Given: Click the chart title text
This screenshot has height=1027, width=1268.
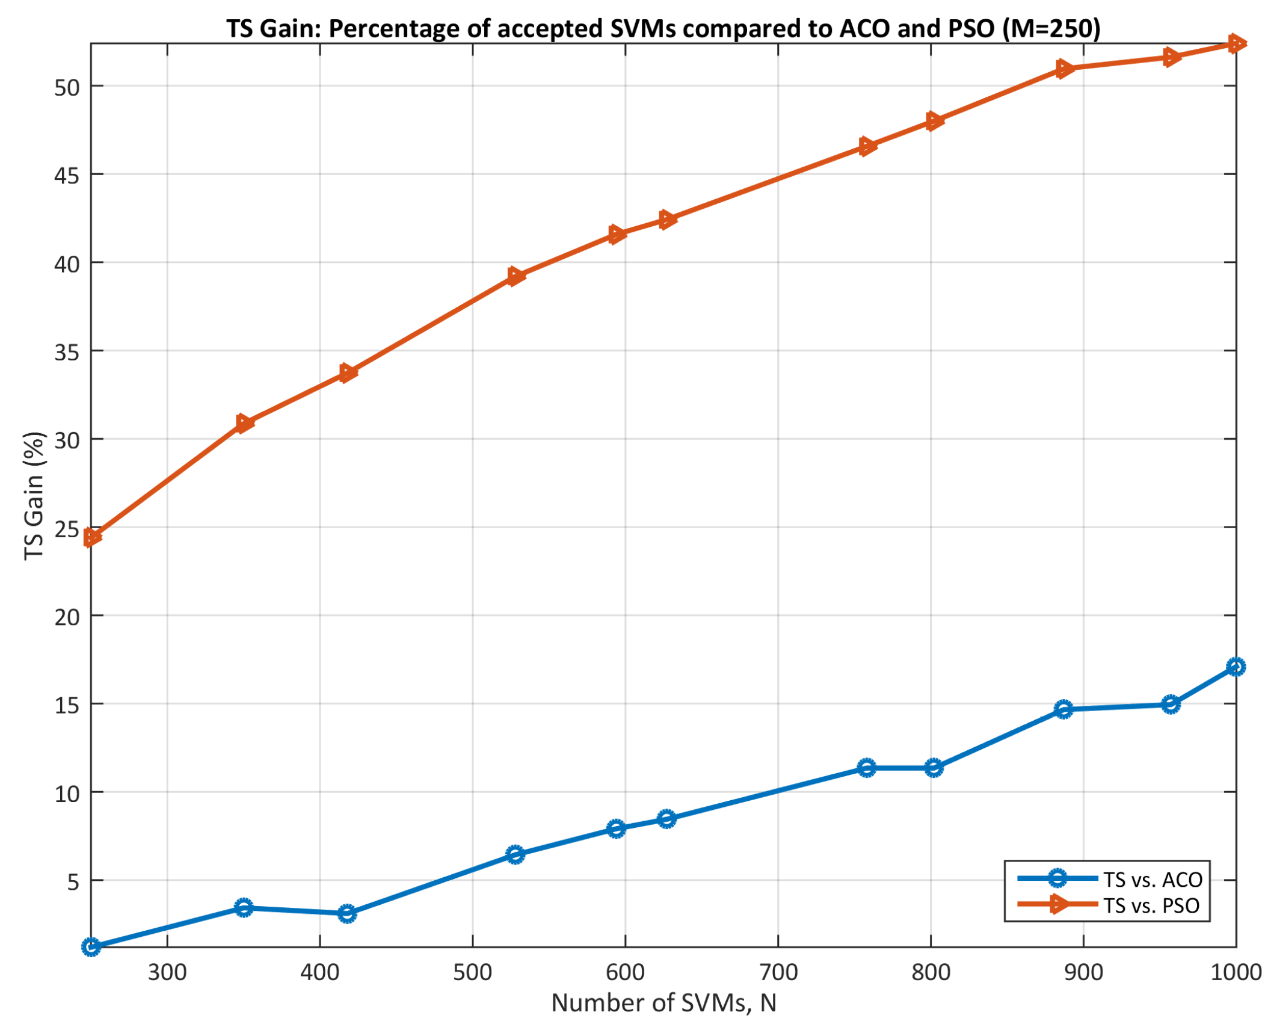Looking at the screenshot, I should tap(663, 28).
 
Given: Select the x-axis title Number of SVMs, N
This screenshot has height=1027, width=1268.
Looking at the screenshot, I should tap(663, 1003).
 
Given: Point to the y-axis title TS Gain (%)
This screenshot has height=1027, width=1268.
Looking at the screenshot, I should tap(34, 495).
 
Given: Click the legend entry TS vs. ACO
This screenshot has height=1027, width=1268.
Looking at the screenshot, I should tap(1151, 880).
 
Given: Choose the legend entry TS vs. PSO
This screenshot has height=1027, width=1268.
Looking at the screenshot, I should tap(1150, 905).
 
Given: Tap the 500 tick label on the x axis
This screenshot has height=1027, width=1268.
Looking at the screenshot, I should tap(472, 973).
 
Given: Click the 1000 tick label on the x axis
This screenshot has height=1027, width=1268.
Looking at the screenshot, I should tap(1235, 973).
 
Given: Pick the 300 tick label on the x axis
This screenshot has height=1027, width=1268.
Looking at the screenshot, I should tap(167, 973).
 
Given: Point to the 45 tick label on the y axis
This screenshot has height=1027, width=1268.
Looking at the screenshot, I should tap(67, 176).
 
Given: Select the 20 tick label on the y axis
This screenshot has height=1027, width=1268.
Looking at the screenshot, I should tap(67, 617).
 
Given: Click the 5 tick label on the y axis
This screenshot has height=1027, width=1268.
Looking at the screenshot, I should tap(73, 882).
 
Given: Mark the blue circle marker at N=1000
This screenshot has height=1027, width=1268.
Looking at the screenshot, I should tap(1236, 667).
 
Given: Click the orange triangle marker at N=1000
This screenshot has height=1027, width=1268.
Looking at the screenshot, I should tap(1236, 43).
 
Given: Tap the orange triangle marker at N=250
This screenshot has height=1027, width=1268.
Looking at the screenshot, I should tap(91, 537).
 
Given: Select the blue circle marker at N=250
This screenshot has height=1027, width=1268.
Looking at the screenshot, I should tap(91, 948).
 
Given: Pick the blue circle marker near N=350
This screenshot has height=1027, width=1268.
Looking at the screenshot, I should tap(244, 908).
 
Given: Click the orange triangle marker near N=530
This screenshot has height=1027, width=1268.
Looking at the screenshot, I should tap(515, 276).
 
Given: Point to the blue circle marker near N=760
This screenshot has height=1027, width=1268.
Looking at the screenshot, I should tap(866, 768).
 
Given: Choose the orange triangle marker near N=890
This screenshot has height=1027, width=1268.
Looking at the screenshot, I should tap(1064, 69).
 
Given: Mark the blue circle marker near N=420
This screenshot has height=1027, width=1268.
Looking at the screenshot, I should tap(347, 914).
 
